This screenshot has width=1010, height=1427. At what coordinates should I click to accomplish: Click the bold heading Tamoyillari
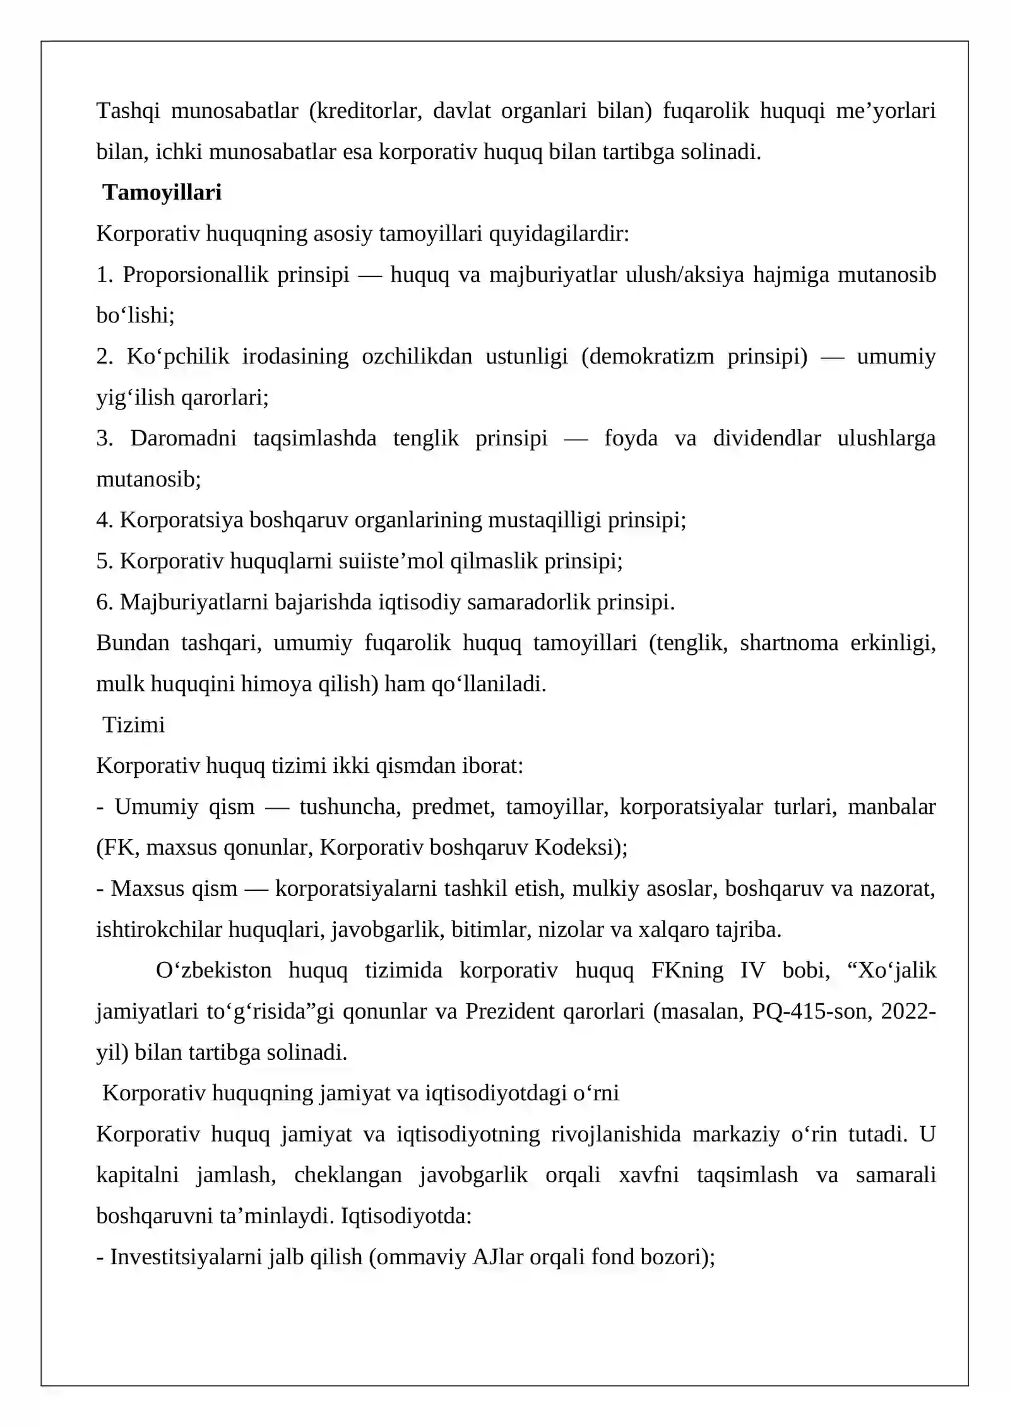162,192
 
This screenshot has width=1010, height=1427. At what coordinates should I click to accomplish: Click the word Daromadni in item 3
183,438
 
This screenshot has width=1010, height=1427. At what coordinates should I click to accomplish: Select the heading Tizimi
133,725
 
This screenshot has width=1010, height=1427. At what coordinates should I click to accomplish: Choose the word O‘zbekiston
213,970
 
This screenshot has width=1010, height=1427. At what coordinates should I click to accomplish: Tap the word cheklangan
348,1175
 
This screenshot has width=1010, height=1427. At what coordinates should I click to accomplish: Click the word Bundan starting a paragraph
133,643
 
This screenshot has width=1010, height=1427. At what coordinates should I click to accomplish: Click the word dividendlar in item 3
767,438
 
